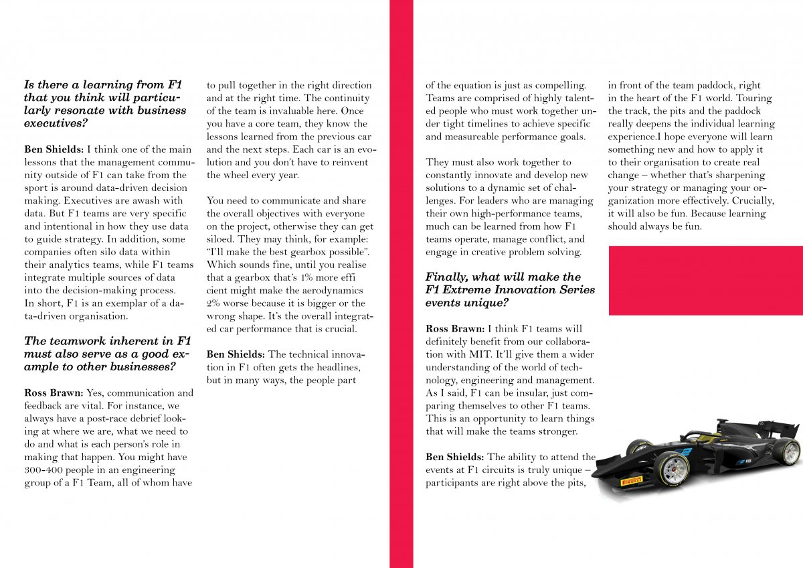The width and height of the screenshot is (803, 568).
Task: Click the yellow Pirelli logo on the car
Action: click(632, 480)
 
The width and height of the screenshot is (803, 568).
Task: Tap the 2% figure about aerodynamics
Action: click(214, 303)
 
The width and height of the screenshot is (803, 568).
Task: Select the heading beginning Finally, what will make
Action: click(510, 289)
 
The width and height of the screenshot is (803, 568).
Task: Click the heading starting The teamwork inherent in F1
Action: click(107, 354)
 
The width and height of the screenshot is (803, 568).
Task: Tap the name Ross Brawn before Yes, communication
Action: click(54, 393)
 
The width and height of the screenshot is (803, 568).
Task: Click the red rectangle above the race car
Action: click(705, 280)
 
